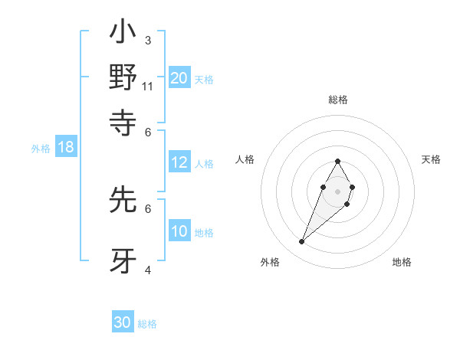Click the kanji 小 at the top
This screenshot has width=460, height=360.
(123, 35)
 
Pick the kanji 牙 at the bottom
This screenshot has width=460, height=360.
(123, 260)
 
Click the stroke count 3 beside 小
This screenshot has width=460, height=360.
(147, 40)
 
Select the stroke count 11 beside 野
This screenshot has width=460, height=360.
(148, 86)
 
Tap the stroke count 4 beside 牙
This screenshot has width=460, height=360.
(148, 270)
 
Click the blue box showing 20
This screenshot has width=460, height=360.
(179, 77)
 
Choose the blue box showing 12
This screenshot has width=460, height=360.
(179, 162)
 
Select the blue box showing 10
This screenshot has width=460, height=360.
(179, 231)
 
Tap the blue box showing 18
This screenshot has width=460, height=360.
(65, 147)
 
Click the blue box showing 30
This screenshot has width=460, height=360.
(123, 322)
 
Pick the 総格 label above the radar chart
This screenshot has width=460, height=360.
(338, 100)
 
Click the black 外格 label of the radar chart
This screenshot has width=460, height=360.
(270, 262)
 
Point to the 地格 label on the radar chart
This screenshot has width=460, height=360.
(402, 262)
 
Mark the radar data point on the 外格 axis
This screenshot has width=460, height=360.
(302, 242)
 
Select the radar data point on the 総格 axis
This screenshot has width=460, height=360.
(337, 161)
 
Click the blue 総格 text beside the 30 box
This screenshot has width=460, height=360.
(147, 324)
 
